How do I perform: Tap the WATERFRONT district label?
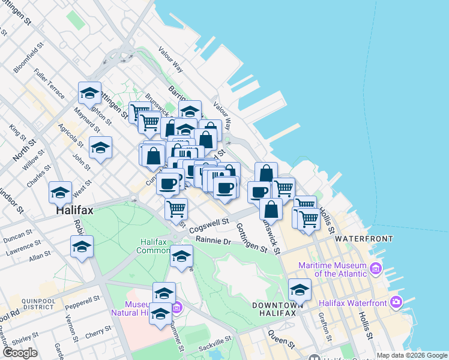click(x=364, y=238)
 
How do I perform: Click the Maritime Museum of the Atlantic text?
click(x=333, y=269)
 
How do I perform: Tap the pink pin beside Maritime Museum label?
click(x=376, y=267)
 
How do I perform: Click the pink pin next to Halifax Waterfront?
click(x=396, y=301)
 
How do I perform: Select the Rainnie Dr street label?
click(x=213, y=241)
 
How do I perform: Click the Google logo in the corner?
click(x=20, y=353)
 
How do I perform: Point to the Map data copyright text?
click(x=412, y=355)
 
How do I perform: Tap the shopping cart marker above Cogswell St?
click(x=176, y=209)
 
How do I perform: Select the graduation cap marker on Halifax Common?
click(x=181, y=256)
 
